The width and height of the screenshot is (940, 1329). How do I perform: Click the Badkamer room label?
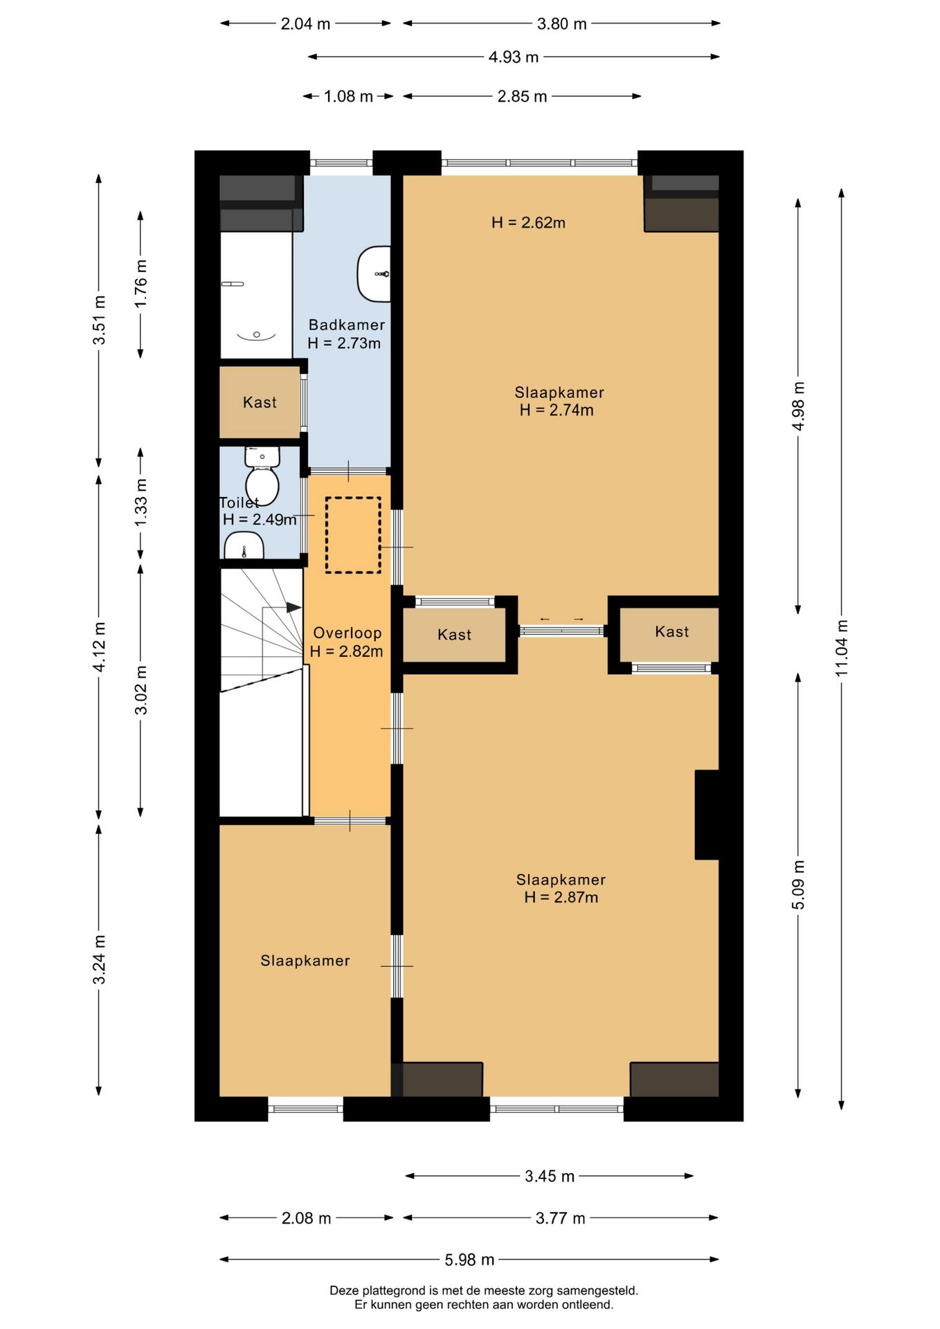347,325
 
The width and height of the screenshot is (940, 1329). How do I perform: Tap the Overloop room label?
347,633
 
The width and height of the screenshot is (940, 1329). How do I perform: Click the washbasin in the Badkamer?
374,273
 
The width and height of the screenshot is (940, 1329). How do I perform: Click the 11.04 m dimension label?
841,649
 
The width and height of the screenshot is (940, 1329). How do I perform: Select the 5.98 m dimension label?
469,1259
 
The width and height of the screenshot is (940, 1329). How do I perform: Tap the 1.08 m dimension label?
348,96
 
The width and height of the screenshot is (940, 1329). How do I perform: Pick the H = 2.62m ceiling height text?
528,222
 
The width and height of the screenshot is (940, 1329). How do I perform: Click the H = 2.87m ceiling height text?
561,897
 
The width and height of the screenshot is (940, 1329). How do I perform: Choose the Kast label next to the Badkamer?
260,402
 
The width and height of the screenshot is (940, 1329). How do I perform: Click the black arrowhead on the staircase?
294,608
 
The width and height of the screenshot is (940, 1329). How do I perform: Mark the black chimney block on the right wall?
707,815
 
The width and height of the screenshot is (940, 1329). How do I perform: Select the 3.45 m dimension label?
550,1176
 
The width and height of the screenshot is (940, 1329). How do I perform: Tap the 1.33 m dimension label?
141,503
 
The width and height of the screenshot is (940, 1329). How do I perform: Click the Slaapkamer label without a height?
305,960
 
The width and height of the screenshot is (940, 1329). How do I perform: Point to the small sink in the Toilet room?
244,546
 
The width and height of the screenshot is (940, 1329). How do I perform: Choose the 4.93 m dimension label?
513,57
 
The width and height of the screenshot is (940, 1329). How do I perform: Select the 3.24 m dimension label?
99,959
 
